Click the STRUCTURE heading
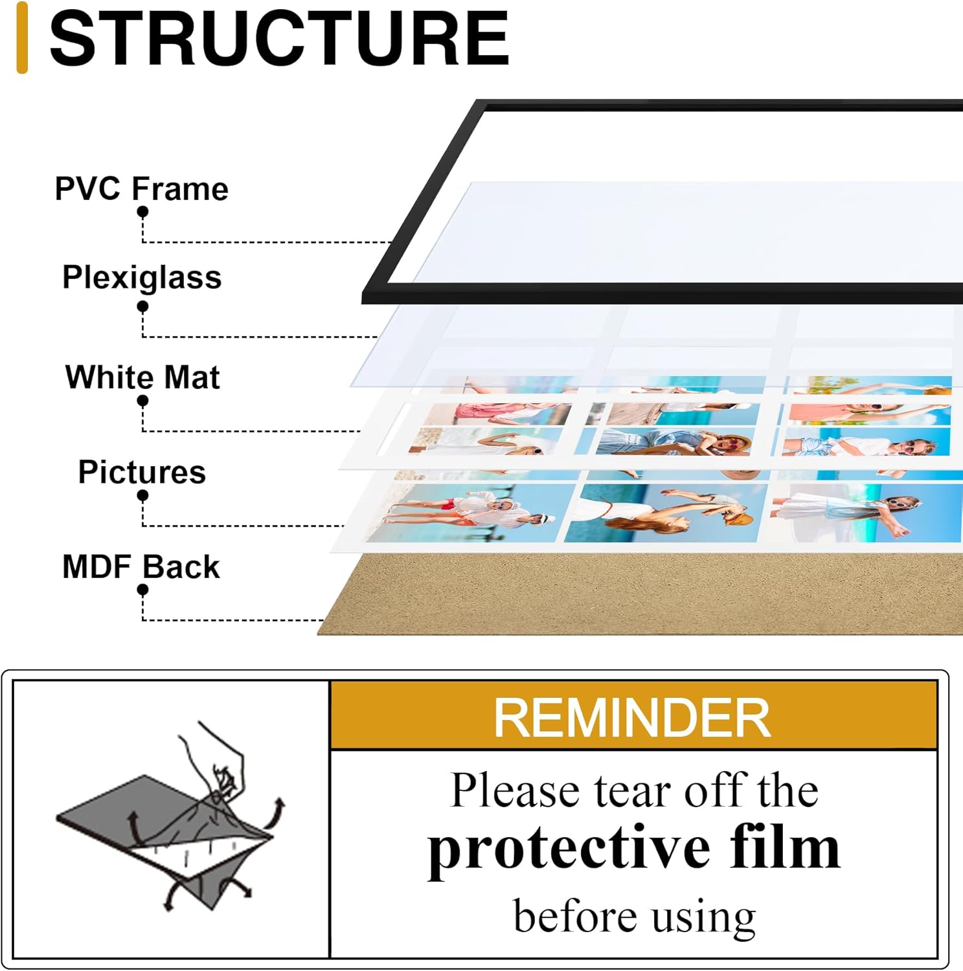(279, 39)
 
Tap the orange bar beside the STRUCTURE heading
(22, 38)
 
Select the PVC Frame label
(141, 188)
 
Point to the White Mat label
(142, 377)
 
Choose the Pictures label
(142, 472)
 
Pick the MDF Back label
(141, 566)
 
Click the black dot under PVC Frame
(142, 212)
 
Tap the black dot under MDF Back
(142, 590)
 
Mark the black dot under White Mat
(142, 401)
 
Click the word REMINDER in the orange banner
(632, 717)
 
